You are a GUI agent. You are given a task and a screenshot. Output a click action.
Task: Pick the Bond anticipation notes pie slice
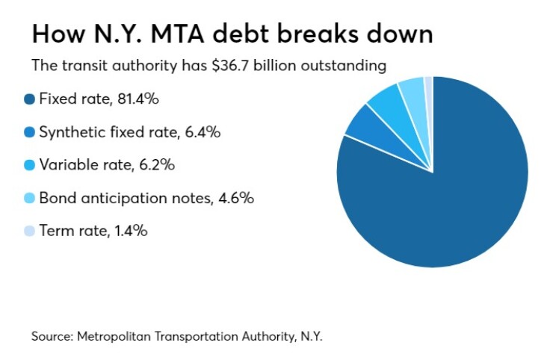pos(412,92)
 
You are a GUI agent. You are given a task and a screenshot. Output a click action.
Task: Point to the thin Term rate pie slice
pos(428,88)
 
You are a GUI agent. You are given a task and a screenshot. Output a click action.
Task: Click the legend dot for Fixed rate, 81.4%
pos(30,99)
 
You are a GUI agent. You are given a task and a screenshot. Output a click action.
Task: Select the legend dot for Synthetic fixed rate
pos(30,132)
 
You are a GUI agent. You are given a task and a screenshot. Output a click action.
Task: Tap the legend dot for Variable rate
pos(30,165)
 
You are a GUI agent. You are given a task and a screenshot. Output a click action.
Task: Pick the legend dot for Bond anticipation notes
pos(30,198)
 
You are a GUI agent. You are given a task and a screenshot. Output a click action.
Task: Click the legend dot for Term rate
pos(30,231)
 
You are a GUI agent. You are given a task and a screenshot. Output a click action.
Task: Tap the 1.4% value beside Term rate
pos(130,231)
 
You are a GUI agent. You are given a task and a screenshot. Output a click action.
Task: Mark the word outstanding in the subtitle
pos(348,66)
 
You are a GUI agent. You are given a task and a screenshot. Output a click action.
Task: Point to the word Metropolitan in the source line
pos(112,336)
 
